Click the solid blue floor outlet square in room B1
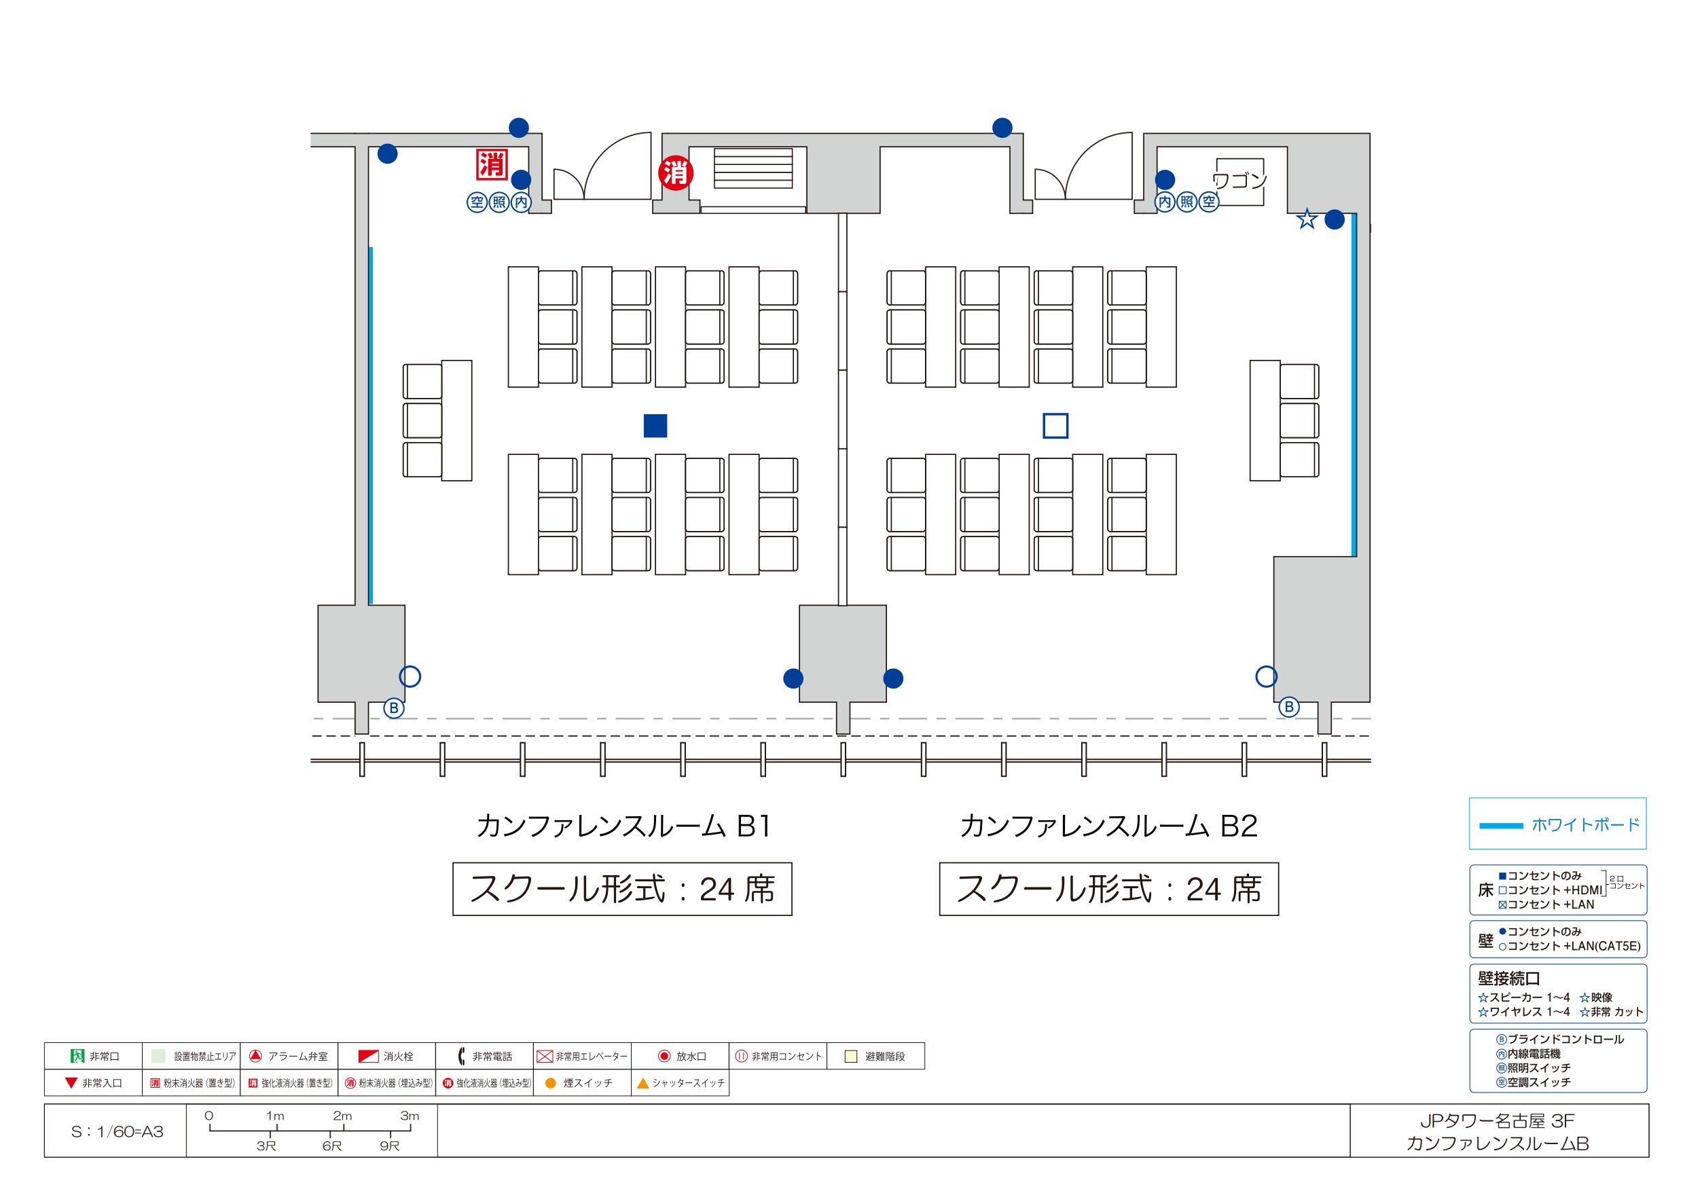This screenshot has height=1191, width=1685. click(x=655, y=426)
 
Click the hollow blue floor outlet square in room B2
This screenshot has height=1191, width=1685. click(x=1055, y=426)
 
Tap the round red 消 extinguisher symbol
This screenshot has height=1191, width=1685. click(x=675, y=173)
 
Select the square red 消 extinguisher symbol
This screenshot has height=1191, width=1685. click(x=492, y=164)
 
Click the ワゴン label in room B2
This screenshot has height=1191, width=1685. click(x=1239, y=180)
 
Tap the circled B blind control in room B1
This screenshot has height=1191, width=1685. click(x=394, y=708)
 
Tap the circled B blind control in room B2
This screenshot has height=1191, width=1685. click(x=1288, y=708)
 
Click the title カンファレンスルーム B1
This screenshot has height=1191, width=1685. click(x=623, y=826)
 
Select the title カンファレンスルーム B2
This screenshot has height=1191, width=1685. click(x=1108, y=826)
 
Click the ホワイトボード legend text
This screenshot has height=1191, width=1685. click(x=1585, y=825)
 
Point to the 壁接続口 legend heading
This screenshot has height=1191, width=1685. click(x=1509, y=978)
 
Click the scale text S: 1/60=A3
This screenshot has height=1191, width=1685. click(x=117, y=1131)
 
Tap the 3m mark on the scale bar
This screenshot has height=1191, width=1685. click(x=410, y=1116)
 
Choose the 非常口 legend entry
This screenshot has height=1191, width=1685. click(x=94, y=1056)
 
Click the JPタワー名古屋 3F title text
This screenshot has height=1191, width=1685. click(x=1497, y=1121)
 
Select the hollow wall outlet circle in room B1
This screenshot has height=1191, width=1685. click(x=410, y=676)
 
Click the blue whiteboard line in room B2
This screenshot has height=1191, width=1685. click(x=1354, y=385)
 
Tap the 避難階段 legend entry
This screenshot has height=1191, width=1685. click(x=875, y=1056)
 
